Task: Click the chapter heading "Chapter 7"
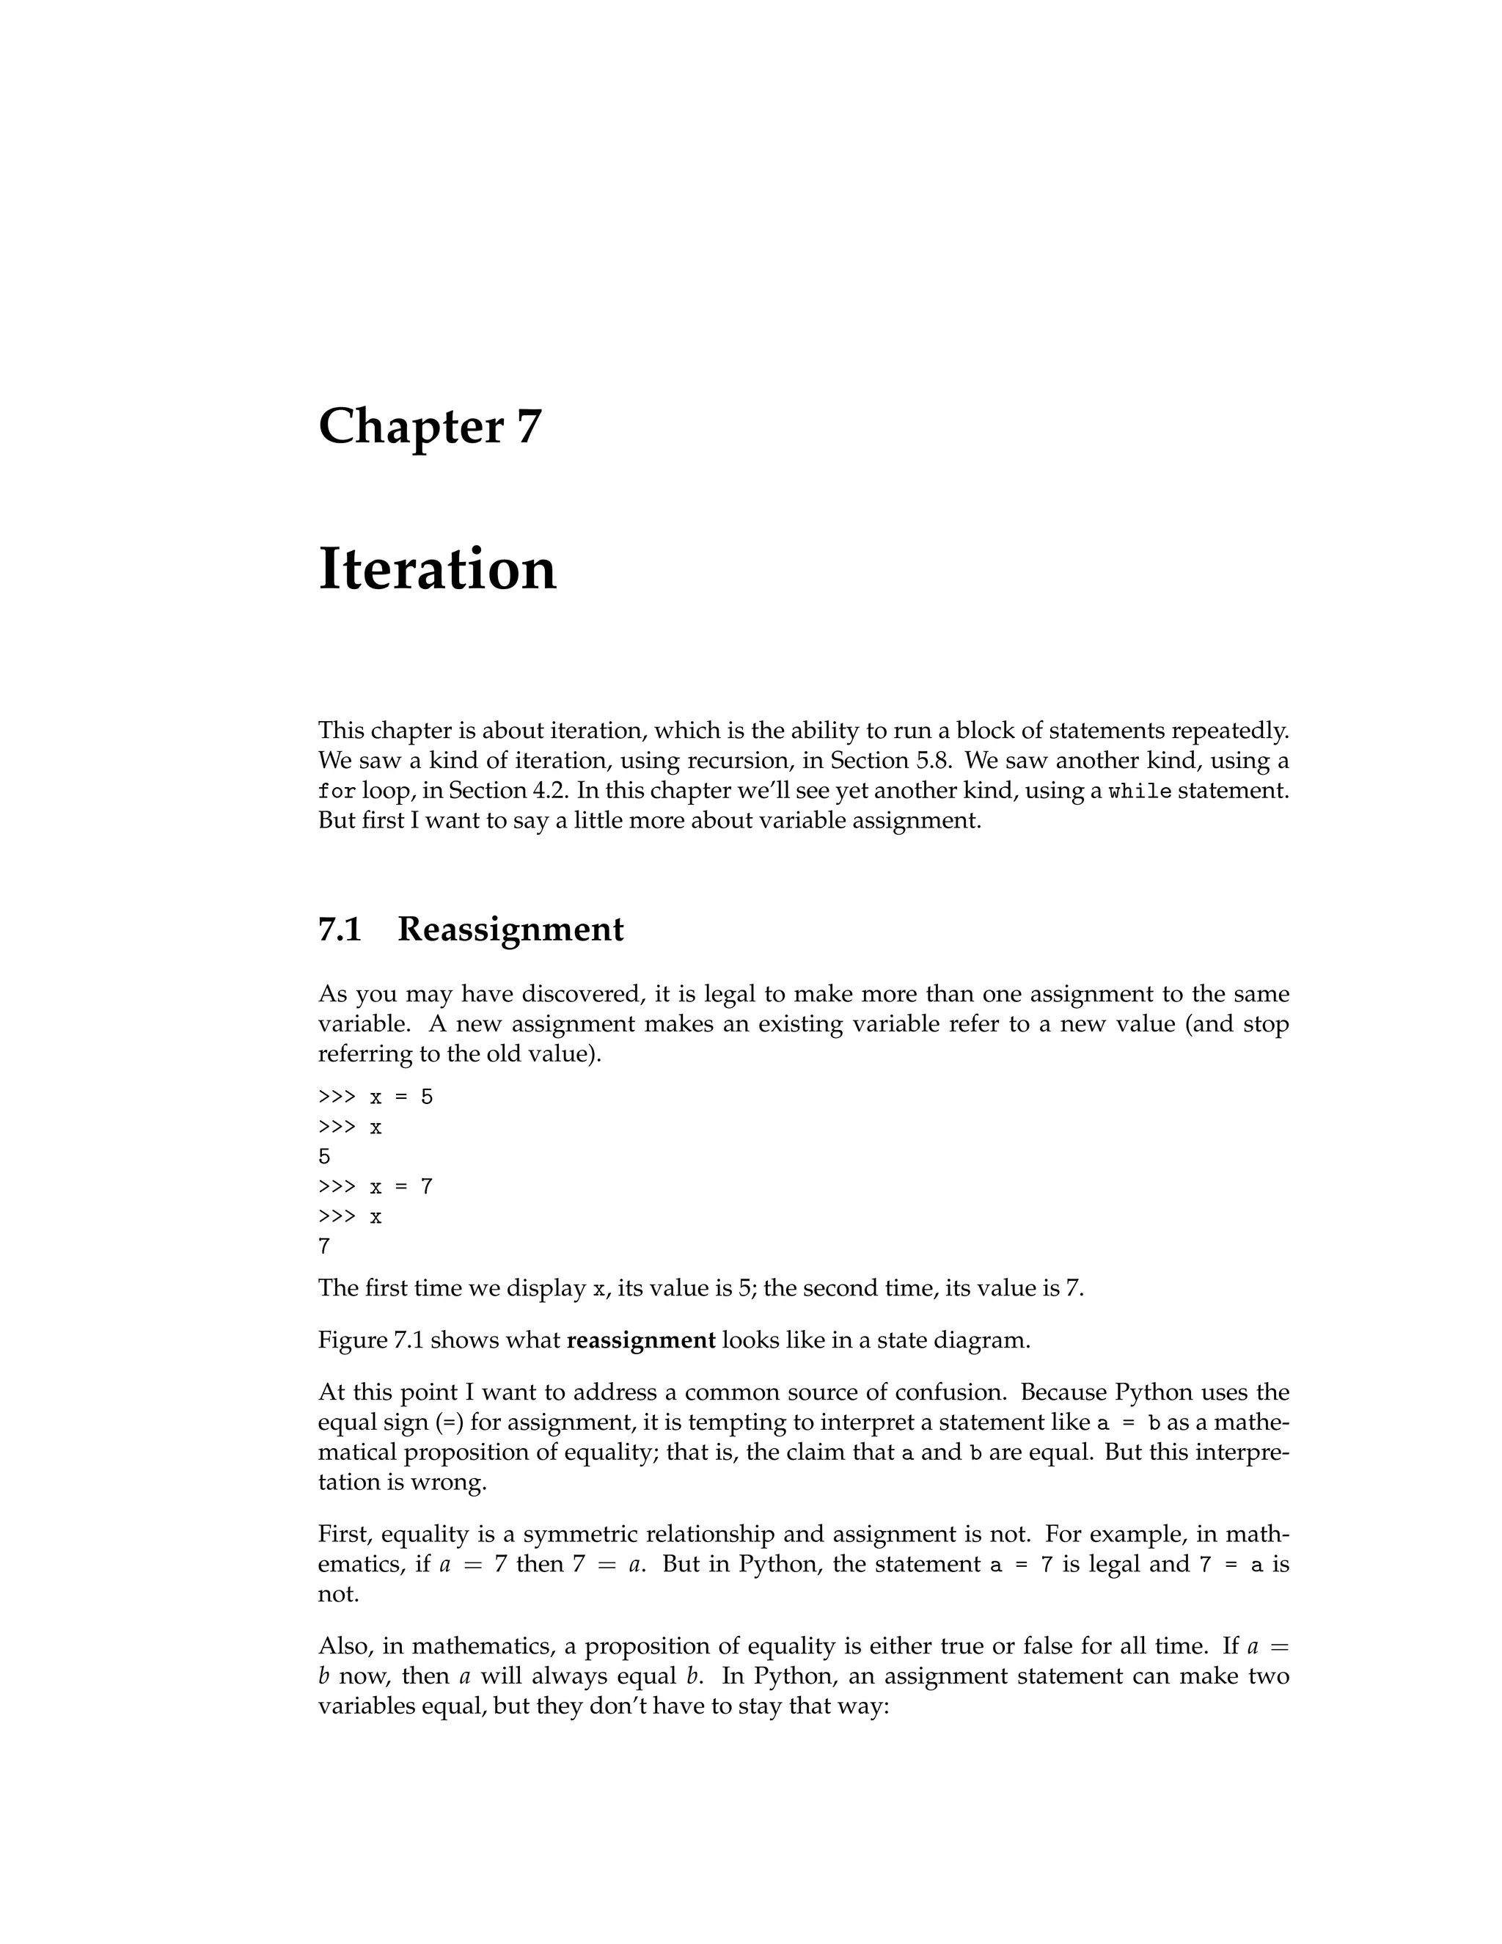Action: point(430,426)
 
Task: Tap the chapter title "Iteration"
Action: point(437,570)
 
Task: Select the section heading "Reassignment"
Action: point(510,929)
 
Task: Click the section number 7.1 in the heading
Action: point(339,929)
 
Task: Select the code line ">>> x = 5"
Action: point(375,1097)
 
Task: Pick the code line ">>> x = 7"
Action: point(375,1186)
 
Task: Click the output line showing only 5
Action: point(325,1156)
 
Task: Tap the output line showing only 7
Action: point(325,1246)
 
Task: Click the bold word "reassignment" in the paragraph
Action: point(641,1340)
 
